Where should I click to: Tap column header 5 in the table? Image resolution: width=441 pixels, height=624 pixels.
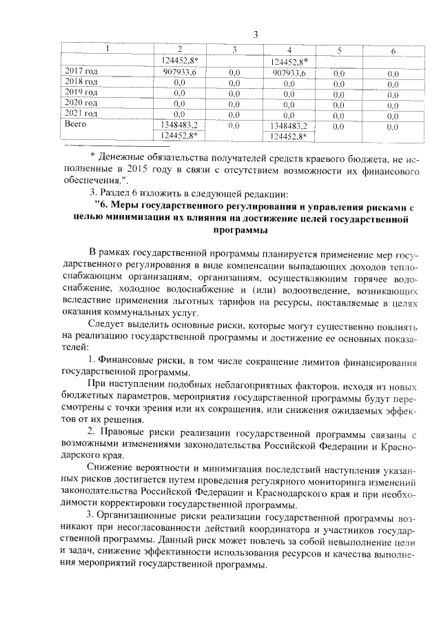click(x=339, y=50)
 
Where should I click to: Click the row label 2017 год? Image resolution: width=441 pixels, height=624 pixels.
click(x=81, y=71)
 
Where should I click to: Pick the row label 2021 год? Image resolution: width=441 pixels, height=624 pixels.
click(x=81, y=113)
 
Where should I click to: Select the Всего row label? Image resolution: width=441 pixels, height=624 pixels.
click(x=76, y=124)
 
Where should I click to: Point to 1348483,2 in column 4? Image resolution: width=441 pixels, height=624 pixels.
click(x=289, y=126)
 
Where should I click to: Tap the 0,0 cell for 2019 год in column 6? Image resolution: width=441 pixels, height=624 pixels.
click(x=393, y=93)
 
